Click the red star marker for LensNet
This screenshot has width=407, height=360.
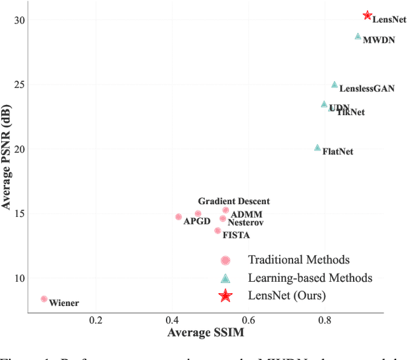point(368,15)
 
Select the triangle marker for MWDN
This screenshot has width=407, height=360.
point(358,37)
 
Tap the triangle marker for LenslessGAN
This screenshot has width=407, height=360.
point(335,85)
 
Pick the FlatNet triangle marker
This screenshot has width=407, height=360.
point(317,148)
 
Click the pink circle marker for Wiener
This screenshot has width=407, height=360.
point(44,299)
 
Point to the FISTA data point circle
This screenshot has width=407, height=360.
point(217,231)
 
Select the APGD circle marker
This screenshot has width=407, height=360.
point(179,217)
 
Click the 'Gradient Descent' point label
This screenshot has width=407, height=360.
point(233,202)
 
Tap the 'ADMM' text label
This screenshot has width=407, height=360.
point(246,214)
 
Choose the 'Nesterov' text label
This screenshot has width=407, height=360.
point(245,223)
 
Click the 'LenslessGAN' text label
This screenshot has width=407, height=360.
point(367,89)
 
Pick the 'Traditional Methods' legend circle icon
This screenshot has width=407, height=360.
point(225,260)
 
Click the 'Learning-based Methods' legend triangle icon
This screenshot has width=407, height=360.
point(225,278)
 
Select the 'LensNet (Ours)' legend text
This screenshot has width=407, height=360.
point(287,296)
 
